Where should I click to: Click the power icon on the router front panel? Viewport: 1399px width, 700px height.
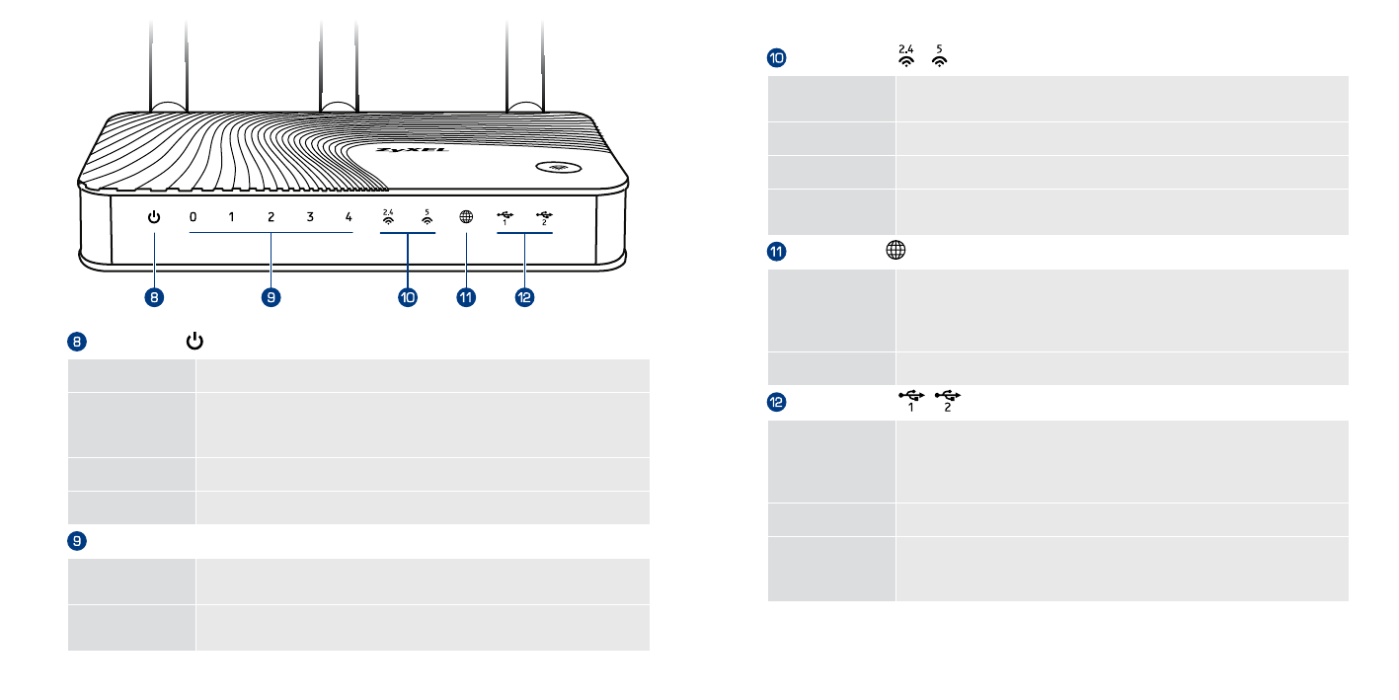(154, 217)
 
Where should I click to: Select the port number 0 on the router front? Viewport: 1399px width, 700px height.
(194, 217)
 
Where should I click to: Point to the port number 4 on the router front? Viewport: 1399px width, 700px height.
(349, 217)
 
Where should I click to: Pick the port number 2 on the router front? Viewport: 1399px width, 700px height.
(271, 217)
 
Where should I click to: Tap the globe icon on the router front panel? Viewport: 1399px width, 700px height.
(466, 218)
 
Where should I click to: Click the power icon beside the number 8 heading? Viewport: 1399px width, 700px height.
(195, 342)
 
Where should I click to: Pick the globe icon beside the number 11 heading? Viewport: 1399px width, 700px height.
(894, 251)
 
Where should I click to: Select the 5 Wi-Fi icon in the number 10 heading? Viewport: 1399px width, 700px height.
(939, 56)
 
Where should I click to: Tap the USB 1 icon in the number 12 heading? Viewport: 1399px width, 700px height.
(910, 401)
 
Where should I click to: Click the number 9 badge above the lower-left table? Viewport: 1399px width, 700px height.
(76, 540)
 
